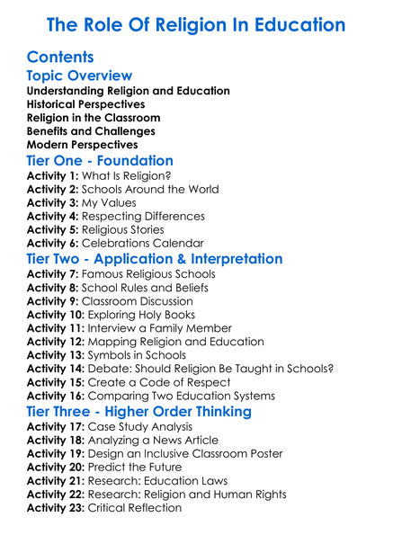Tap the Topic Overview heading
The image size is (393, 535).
[79, 76]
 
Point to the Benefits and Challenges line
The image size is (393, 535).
[91, 131]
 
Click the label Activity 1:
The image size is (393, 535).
[52, 176]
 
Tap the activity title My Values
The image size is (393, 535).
[110, 203]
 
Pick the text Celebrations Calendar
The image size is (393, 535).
[142, 243]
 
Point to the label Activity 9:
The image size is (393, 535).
[52, 301]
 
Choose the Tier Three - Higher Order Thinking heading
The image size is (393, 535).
[152, 412]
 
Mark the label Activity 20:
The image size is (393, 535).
[56, 468]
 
